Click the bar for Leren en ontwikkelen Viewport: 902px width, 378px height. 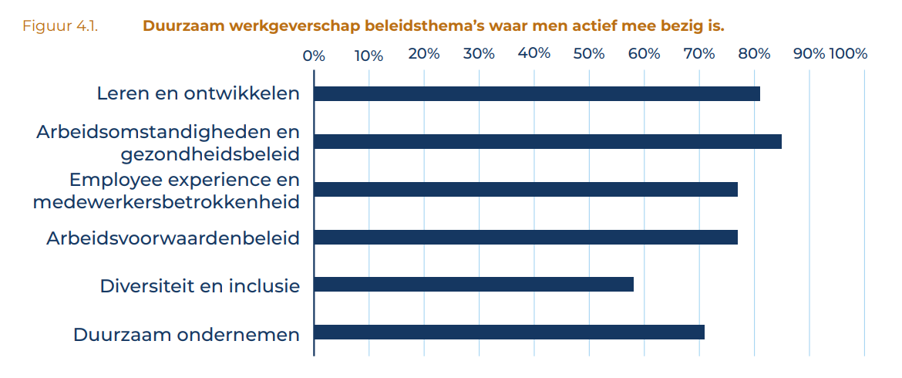tap(537, 94)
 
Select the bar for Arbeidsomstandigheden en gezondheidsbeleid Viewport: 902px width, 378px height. tap(547, 142)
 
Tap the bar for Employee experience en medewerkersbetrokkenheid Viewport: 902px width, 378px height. tap(526, 190)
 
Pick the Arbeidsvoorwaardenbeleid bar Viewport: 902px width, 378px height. tap(526, 238)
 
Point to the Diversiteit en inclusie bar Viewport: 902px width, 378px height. tap(473, 285)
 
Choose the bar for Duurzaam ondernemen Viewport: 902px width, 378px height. tap(509, 332)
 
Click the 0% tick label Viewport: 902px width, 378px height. tap(314, 55)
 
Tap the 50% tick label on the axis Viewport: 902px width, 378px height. tap(589, 54)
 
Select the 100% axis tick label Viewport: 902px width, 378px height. tap(848, 54)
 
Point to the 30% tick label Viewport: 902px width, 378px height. tap(479, 54)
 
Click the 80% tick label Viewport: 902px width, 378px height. tap(754, 54)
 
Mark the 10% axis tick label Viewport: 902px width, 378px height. tap(369, 55)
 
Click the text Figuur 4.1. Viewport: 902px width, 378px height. tap(59, 27)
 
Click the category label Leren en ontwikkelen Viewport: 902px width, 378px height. tap(197, 93)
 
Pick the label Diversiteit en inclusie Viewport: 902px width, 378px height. tap(199, 285)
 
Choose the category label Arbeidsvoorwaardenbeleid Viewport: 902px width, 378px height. tap(173, 238)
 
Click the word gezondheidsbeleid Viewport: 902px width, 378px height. tap(210, 154)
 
